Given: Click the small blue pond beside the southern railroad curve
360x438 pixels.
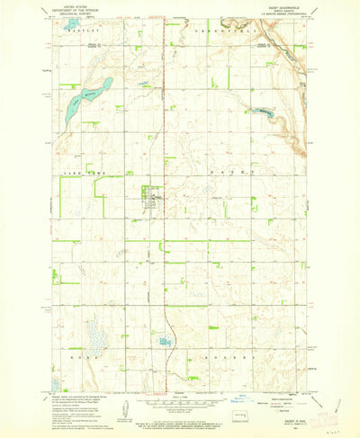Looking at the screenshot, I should point(164,341).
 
